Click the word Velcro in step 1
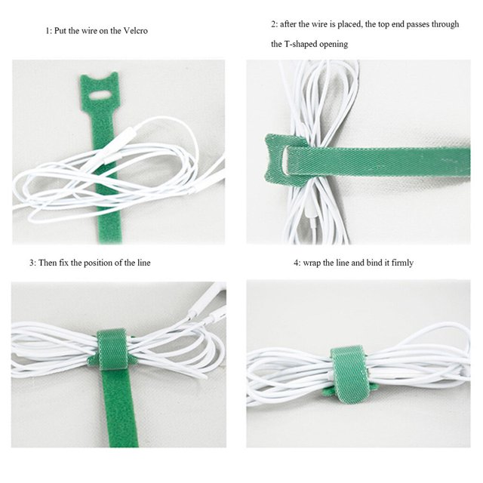pos(135,31)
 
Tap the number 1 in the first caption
pos(48,31)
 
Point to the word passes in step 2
pos(417,24)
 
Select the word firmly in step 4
pos(402,263)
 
